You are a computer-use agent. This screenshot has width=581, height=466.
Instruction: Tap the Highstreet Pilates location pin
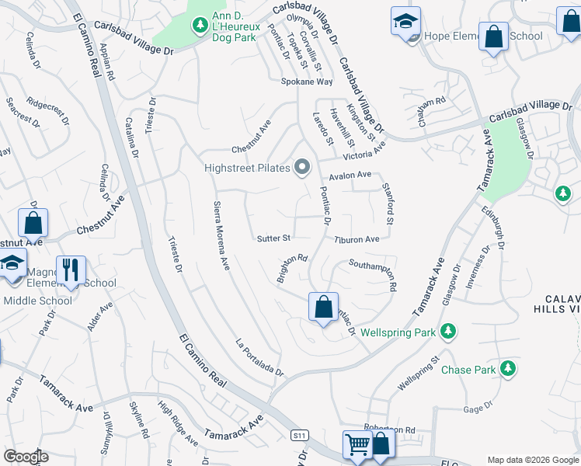(x=302, y=167)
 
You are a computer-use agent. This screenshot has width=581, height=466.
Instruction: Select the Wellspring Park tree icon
(x=447, y=332)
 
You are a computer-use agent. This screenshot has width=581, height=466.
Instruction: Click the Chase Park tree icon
(x=508, y=368)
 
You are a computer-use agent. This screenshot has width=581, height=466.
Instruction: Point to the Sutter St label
(x=273, y=238)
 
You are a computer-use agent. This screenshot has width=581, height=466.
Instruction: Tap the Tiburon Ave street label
(x=357, y=239)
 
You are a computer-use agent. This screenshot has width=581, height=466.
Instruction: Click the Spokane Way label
(x=307, y=82)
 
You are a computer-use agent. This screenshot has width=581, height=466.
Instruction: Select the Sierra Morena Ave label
(x=221, y=235)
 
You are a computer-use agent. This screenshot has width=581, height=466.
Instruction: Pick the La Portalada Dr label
(x=260, y=357)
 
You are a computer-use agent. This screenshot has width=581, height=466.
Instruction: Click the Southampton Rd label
(x=373, y=275)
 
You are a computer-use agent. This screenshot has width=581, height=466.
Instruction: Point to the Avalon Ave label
(x=350, y=176)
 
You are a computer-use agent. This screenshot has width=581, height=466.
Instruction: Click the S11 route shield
(x=300, y=435)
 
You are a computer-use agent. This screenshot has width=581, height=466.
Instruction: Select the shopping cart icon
(x=357, y=445)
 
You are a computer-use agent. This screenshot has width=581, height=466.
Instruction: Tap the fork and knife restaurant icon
(x=71, y=270)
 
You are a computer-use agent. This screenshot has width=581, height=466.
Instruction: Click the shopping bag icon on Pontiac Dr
(x=322, y=306)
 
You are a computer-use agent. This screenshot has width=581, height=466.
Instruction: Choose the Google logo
(x=26, y=457)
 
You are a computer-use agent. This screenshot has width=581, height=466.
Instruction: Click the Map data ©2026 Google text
(x=532, y=459)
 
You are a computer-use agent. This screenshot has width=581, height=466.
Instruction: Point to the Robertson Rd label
(x=389, y=429)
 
